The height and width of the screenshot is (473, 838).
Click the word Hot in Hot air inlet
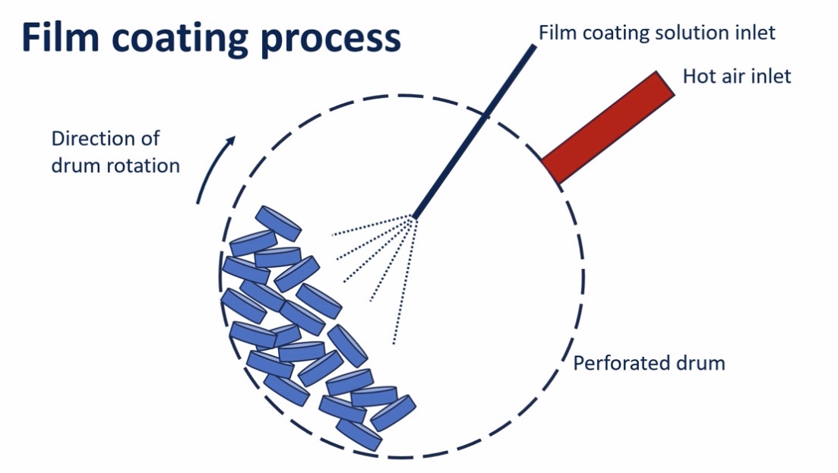(x=699, y=77)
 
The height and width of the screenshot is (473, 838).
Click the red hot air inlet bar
(x=608, y=127)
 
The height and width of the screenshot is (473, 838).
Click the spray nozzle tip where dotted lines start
(x=414, y=217)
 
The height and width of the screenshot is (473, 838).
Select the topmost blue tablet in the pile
(x=279, y=222)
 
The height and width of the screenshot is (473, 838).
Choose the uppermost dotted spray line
(x=372, y=225)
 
